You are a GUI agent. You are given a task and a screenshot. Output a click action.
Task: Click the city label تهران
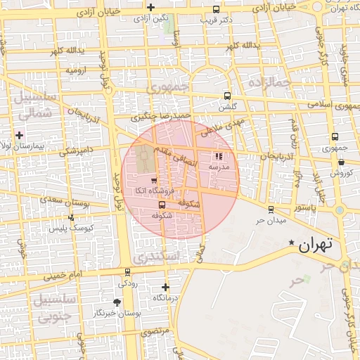(x=314, y=245)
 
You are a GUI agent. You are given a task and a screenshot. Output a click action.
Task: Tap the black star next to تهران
(x=292, y=243)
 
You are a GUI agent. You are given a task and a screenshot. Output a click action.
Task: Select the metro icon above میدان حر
(x=271, y=209)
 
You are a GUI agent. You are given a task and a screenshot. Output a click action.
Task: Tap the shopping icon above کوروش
(x=341, y=162)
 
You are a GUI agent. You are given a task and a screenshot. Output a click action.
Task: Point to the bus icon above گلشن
(x=226, y=96)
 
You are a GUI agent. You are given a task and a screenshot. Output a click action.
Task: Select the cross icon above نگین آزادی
(x=150, y=7)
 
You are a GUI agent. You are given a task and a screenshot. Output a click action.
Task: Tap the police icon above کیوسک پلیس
(x=71, y=218)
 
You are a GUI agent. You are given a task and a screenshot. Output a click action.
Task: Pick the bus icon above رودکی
(x=127, y=272)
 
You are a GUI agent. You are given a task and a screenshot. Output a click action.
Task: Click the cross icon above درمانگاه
(x=165, y=287)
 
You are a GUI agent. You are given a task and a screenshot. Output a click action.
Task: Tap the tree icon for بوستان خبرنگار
(x=117, y=302)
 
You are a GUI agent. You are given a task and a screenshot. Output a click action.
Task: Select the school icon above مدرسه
(x=218, y=157)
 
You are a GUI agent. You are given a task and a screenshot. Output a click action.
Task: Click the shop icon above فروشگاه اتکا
(x=154, y=181)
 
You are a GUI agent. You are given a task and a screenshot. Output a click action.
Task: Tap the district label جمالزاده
(x=269, y=83)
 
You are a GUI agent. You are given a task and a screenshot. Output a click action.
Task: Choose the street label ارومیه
(x=77, y=70)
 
